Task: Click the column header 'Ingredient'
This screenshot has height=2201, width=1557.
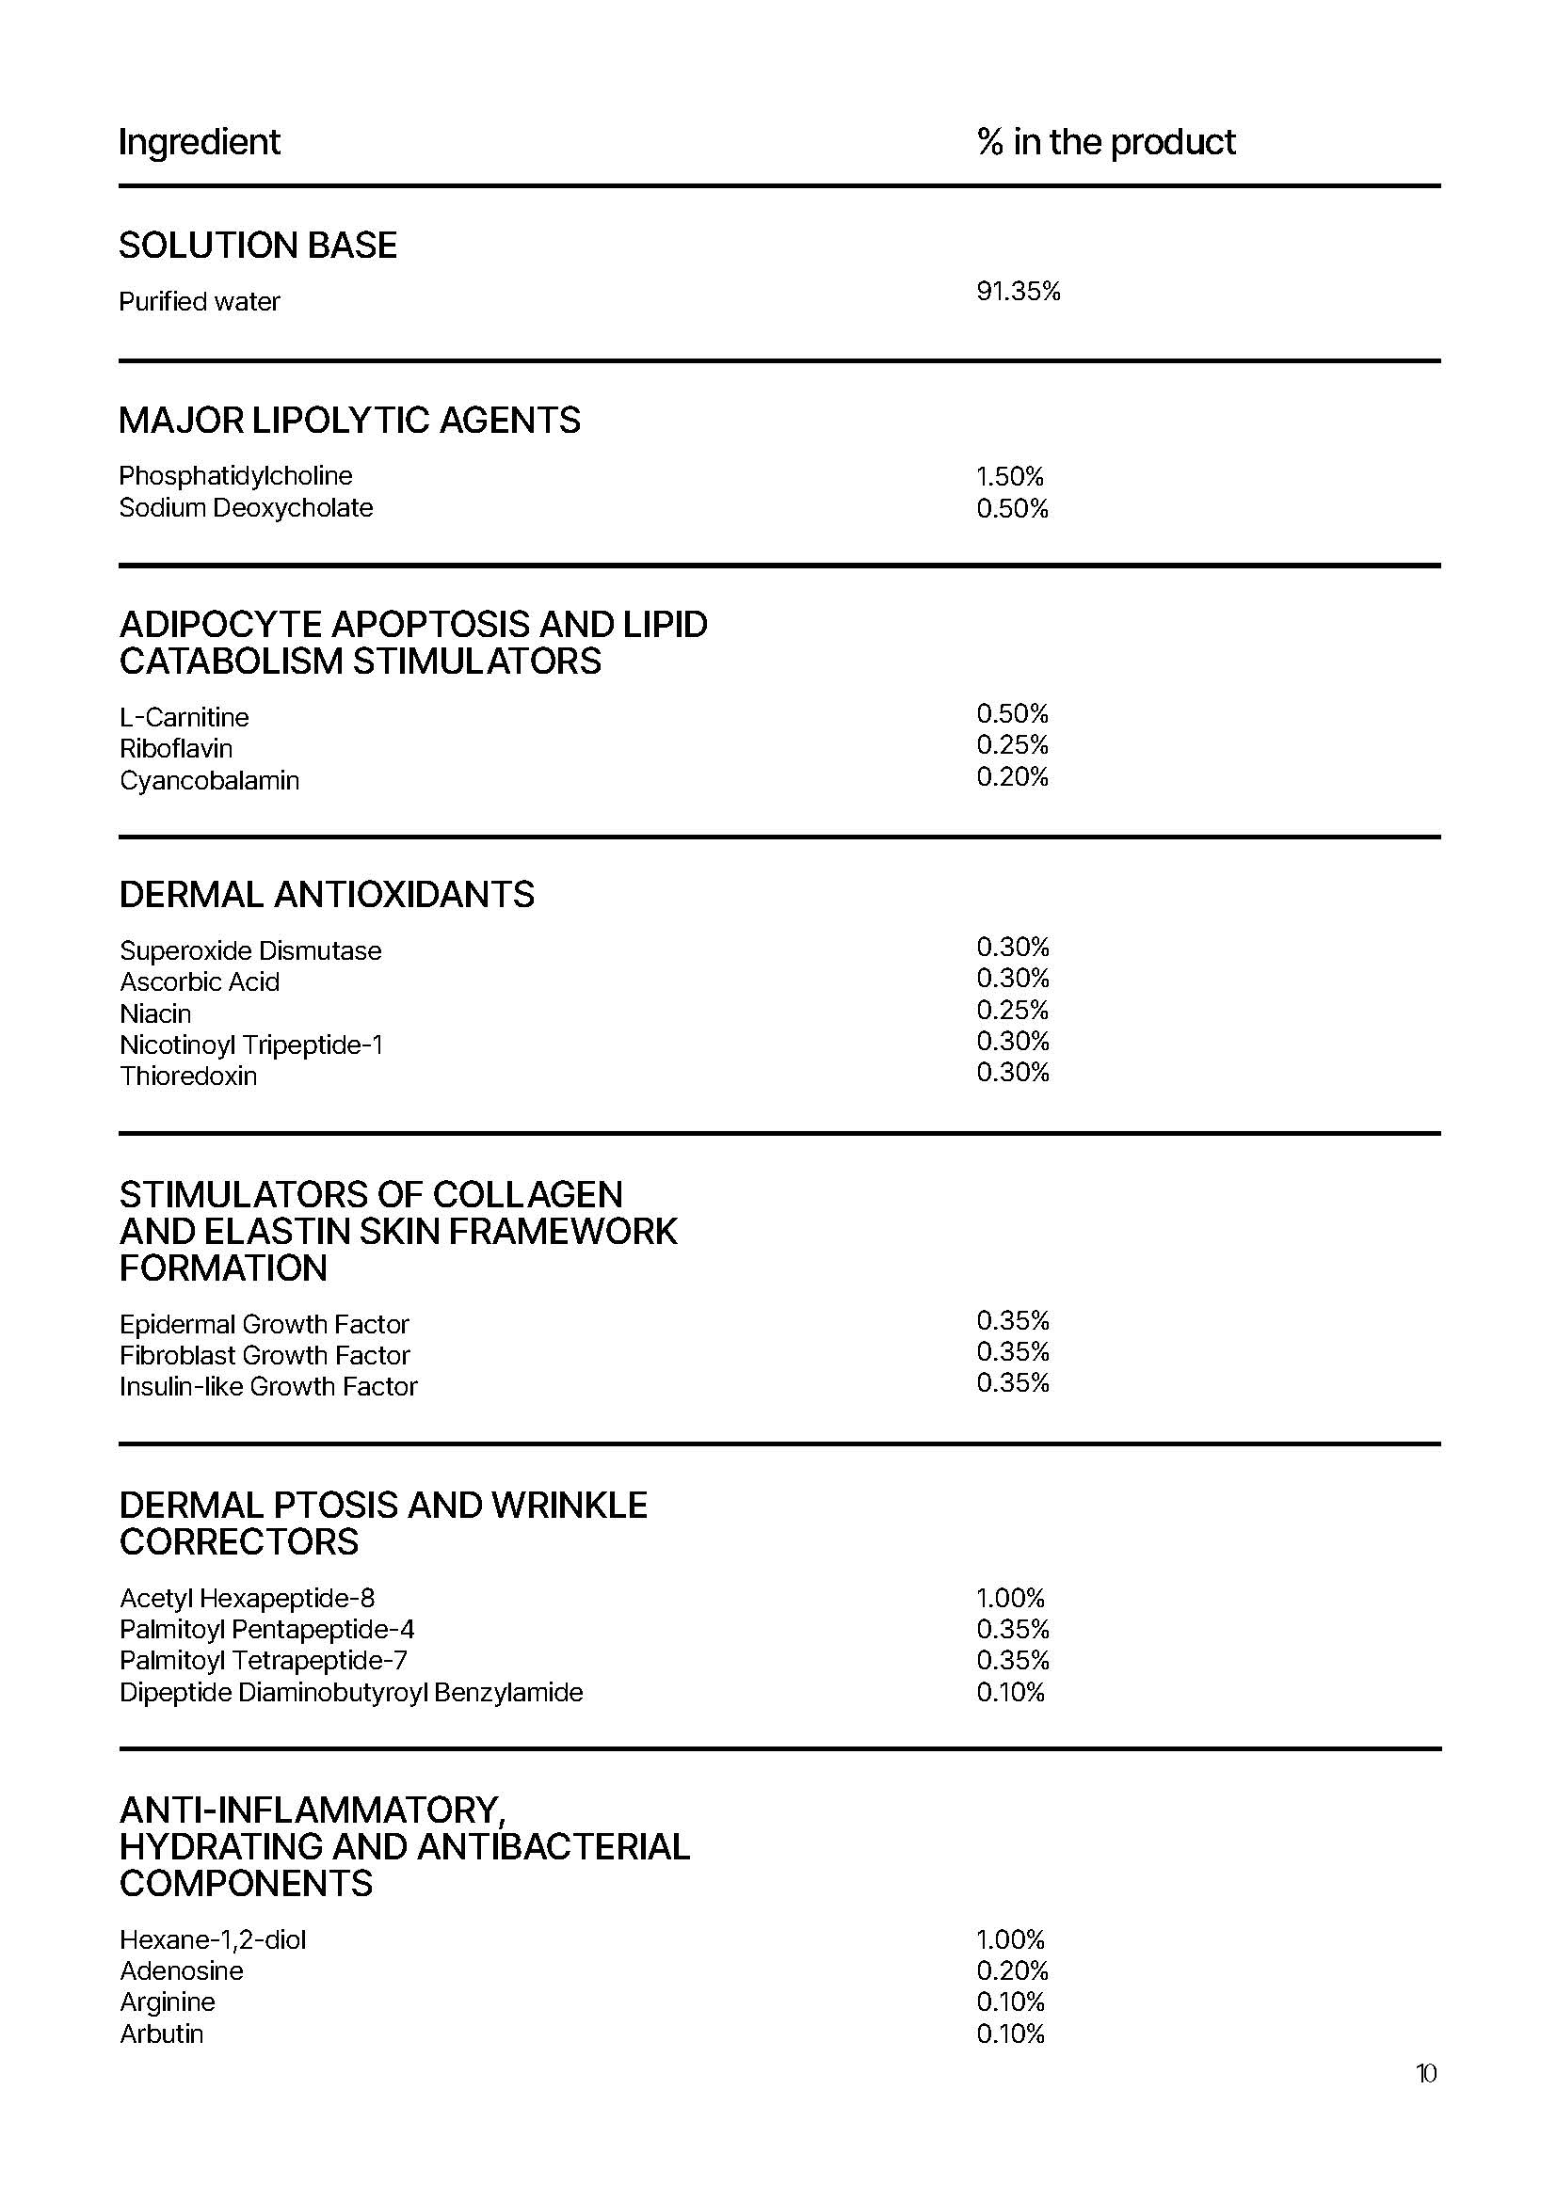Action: coord(200,142)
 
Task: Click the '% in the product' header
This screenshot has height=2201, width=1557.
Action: coord(1105,142)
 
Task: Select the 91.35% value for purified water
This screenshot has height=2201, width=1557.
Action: coord(1019,291)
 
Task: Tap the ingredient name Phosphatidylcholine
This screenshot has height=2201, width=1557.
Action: coord(236,475)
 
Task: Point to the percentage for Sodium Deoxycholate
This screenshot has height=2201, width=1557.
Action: coord(1013,508)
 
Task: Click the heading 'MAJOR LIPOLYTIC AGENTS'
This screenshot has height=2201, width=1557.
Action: coord(349,420)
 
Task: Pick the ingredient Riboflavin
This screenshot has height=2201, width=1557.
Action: coord(176,748)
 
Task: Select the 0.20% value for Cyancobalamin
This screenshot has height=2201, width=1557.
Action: coord(1013,776)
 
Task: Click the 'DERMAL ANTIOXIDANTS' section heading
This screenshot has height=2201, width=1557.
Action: coord(327,894)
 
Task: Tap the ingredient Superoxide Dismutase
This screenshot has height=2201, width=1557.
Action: coord(250,950)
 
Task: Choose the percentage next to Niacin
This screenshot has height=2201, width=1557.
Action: coord(1013,1010)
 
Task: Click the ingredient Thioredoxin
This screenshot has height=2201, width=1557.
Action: coord(189,1076)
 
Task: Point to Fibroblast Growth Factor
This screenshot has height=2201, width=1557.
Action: coord(265,1354)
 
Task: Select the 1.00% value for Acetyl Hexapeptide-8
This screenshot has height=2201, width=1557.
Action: coord(1010,1598)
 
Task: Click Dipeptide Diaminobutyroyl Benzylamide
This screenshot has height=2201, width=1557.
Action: coord(351,1692)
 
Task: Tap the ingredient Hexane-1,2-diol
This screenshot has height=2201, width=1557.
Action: coord(213,1939)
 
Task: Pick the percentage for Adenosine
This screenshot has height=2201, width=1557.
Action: coord(1013,1971)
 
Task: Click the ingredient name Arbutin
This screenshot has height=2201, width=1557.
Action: coord(162,2034)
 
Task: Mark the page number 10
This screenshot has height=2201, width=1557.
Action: coord(1425,2074)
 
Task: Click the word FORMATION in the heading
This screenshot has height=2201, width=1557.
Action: coord(223,1268)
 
